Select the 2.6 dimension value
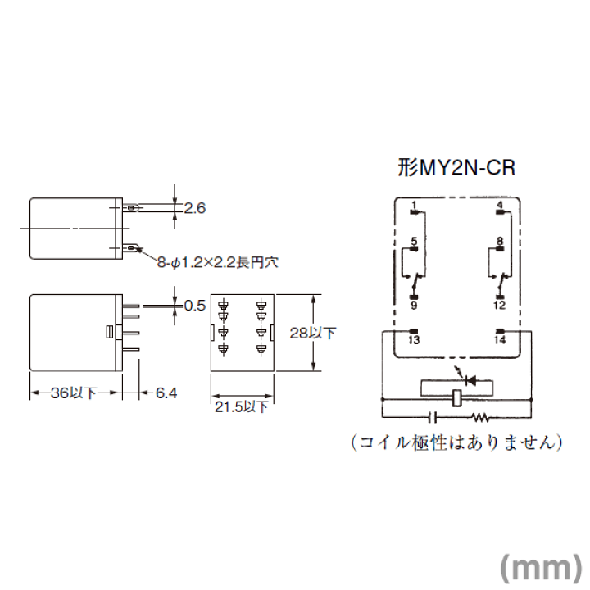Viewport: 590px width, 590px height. click(x=195, y=208)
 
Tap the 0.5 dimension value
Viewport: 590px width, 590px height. click(x=195, y=306)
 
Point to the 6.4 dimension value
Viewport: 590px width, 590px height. click(x=166, y=393)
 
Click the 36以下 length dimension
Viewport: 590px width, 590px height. click(x=74, y=393)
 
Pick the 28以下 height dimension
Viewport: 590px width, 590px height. click(x=313, y=333)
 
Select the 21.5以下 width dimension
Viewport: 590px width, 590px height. click(x=242, y=406)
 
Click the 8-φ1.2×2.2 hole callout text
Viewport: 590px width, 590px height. click(x=218, y=262)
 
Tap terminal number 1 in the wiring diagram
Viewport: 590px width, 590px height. click(x=414, y=206)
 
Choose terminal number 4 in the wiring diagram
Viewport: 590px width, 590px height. click(x=500, y=206)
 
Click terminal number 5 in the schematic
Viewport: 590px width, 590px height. click(x=414, y=241)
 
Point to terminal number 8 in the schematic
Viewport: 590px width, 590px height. click(x=500, y=241)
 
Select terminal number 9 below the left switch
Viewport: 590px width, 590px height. click(x=414, y=305)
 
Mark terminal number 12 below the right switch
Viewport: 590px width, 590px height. click(x=500, y=305)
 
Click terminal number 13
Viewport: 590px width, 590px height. click(x=414, y=340)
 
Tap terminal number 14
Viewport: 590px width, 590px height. click(x=500, y=340)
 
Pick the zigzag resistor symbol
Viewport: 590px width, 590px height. click(x=480, y=417)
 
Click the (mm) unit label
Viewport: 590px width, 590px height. click(x=542, y=567)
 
